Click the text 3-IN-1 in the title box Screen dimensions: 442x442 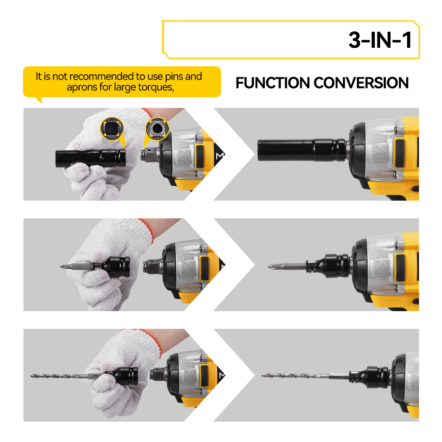380,40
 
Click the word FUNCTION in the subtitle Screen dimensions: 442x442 273,83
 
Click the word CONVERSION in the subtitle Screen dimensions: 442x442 361,83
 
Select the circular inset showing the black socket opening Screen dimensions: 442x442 112,129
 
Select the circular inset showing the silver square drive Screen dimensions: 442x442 157,129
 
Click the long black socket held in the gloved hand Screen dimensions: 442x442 91,159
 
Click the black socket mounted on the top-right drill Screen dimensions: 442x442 301,150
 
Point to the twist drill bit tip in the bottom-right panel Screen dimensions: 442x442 263,375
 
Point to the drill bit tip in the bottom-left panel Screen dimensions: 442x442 32,375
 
